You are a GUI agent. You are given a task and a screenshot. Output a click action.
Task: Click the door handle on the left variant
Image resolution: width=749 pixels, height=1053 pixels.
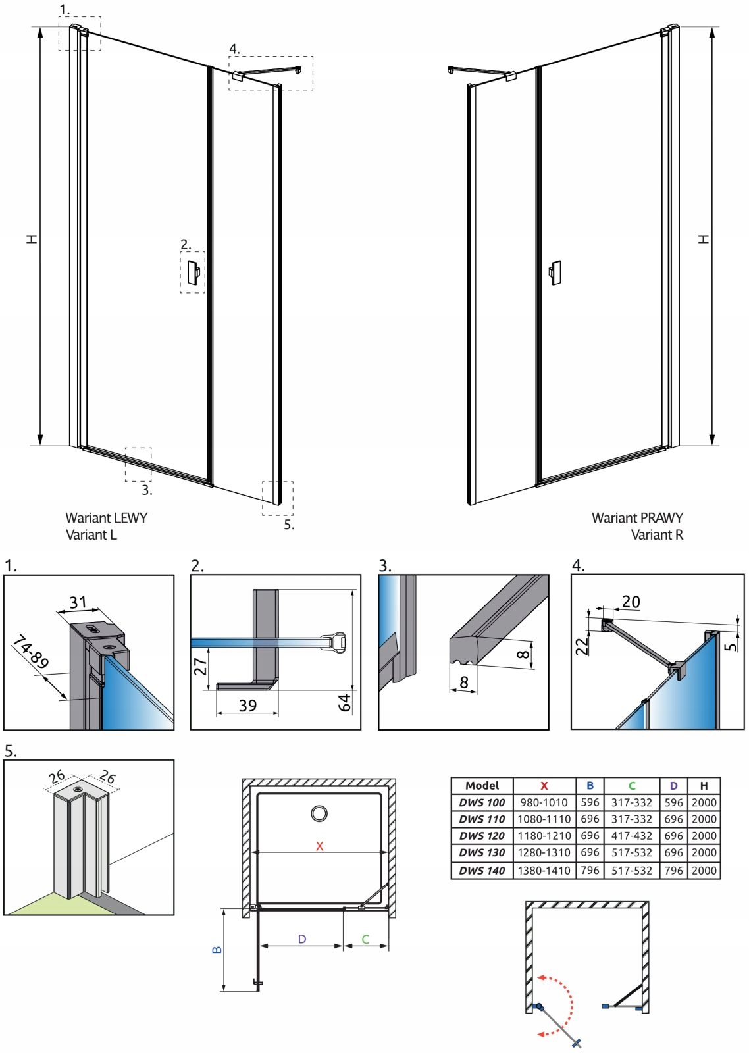194,272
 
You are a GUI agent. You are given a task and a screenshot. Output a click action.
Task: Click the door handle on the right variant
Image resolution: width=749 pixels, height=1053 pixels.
555,272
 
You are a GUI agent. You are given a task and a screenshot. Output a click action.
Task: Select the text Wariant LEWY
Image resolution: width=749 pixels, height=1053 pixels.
106,518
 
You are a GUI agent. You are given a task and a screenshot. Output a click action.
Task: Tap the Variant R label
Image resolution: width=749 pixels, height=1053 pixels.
657,535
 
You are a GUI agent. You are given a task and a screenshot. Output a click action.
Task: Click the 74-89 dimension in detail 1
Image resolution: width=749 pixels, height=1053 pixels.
31,651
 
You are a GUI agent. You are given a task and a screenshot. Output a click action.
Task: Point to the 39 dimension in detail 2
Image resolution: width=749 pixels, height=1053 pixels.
247,706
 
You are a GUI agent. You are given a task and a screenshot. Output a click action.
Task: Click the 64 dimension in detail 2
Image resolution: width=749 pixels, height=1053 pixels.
345,702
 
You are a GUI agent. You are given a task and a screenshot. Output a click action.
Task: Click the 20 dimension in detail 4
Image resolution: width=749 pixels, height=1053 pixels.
631,602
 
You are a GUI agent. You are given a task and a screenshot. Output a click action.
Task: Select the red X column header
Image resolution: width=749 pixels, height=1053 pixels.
544,786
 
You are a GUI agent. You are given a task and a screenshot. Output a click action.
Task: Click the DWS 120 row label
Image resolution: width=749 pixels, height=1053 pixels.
482,836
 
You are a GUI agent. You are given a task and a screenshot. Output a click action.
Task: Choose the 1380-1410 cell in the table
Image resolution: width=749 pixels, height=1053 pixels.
544,870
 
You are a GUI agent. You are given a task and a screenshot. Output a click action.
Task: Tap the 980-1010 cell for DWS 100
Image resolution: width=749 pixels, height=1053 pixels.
544,802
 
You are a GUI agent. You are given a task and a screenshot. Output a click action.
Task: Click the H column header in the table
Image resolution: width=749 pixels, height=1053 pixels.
704,786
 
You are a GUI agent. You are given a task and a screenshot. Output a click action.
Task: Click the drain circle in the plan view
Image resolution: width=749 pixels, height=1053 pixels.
319,814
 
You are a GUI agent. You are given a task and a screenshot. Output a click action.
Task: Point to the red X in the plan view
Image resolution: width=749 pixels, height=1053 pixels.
320,846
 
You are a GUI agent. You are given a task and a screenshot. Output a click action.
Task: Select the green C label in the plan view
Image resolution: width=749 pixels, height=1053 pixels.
365,939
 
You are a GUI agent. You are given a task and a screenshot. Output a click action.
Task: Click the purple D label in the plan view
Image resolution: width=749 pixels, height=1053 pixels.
302,939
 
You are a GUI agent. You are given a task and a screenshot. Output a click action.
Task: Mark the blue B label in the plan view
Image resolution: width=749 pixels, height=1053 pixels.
217,950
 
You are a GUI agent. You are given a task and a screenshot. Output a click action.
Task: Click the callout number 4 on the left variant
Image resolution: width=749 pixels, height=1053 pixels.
234,49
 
